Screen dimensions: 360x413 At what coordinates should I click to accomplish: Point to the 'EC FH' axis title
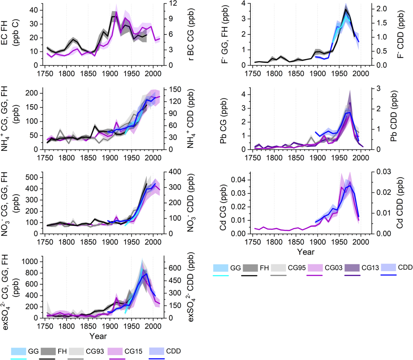pyautogui.click(x=11, y=35)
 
